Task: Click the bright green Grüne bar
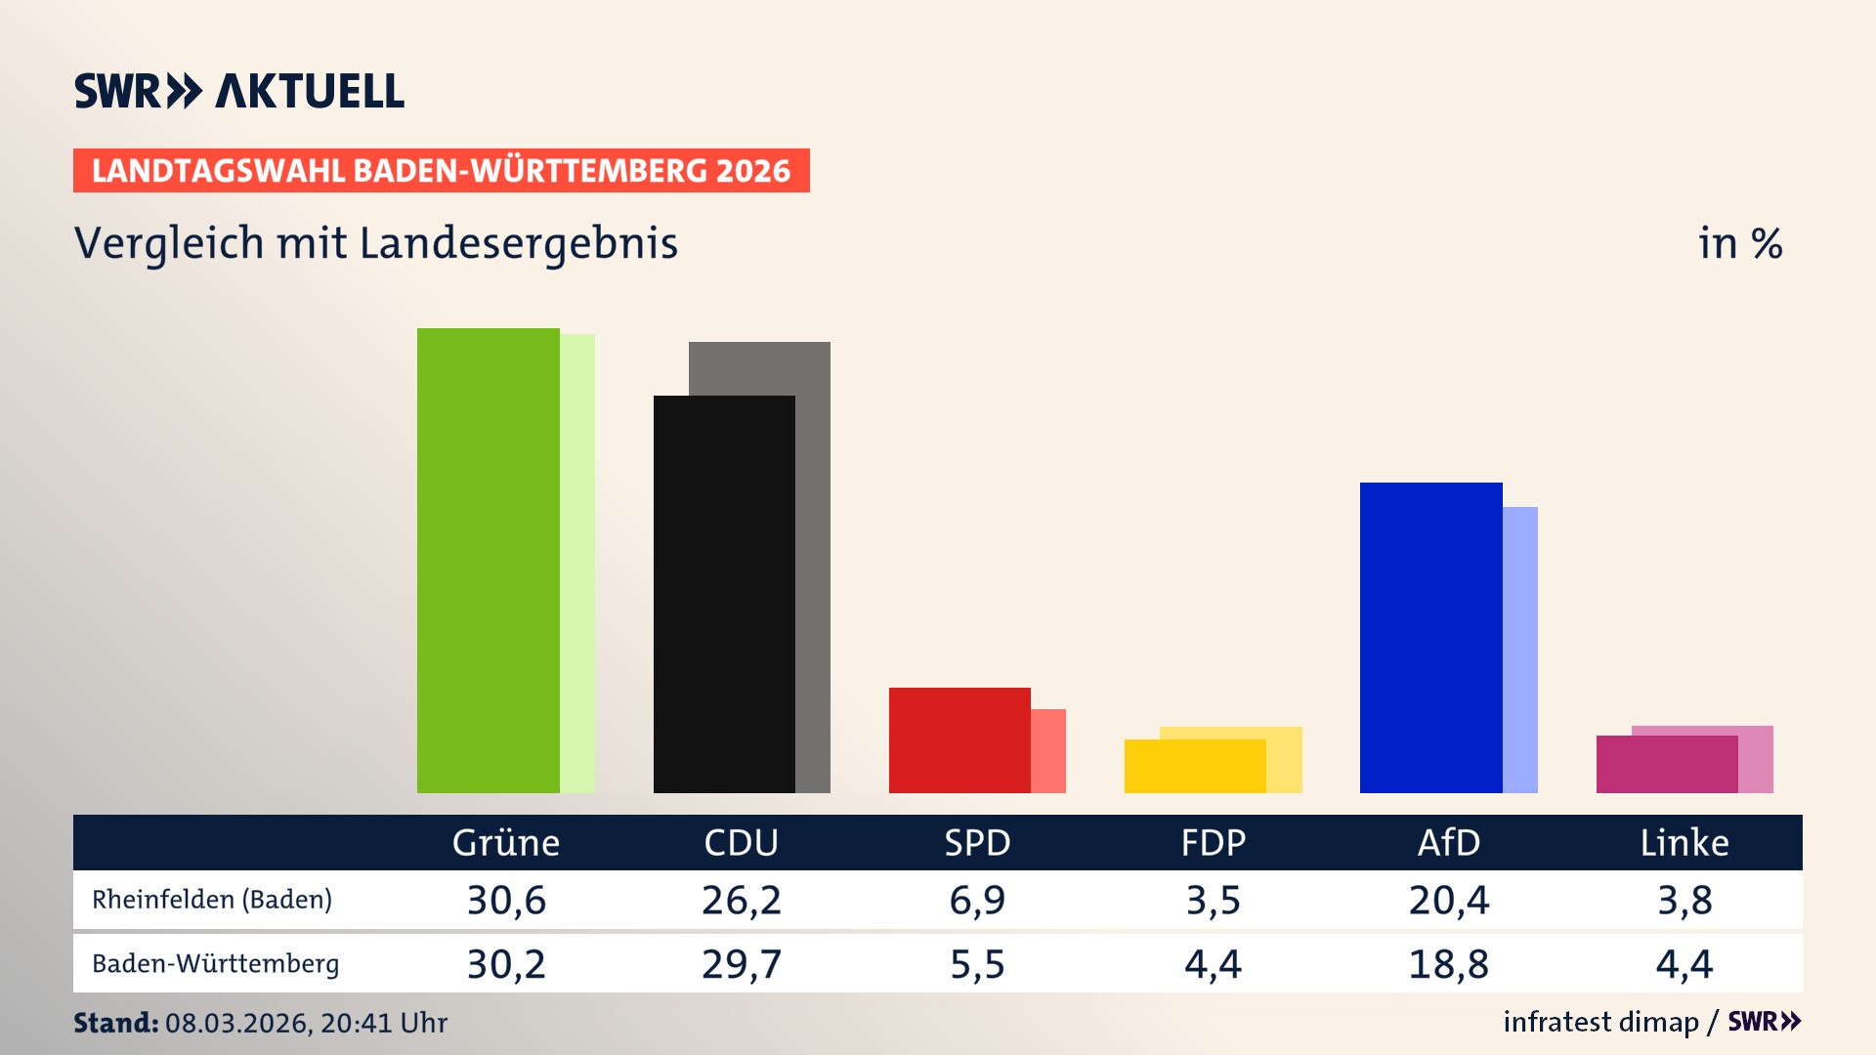[488, 561]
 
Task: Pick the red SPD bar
[959, 740]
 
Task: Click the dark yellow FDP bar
[1195, 766]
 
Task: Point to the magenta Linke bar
[1667, 764]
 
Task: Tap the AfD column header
[1448, 842]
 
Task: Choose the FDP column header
[1213, 842]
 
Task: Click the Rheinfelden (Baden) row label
[212, 900]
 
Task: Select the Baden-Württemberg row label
[215, 964]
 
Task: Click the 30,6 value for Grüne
[506, 900]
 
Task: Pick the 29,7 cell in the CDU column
[742, 964]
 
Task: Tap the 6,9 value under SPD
[977, 900]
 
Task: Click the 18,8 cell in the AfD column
[1448, 964]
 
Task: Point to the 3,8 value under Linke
[1684, 900]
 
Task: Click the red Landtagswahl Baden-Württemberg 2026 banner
[441, 170]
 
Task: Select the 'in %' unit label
[1740, 243]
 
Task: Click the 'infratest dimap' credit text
[1600, 1022]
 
